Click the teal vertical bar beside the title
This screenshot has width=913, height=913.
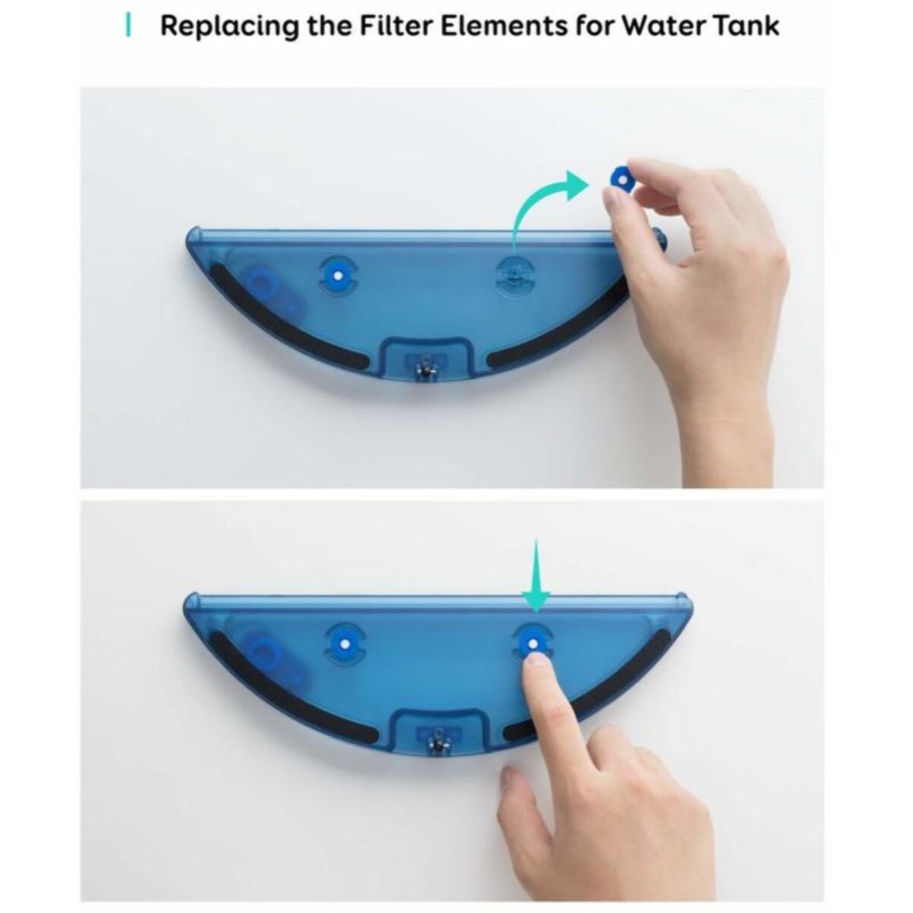tap(128, 26)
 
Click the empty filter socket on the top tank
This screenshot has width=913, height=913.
tap(514, 276)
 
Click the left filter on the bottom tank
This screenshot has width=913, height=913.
tap(345, 644)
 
